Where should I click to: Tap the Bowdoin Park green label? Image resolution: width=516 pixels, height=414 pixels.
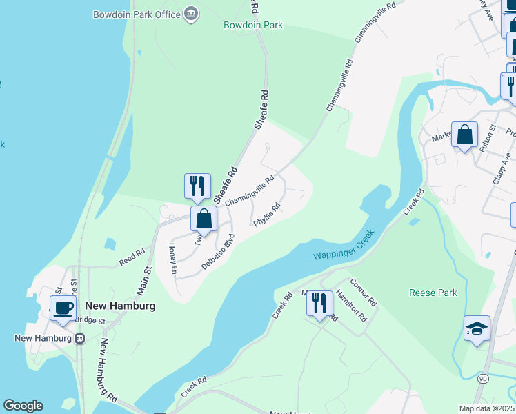(x=253, y=26)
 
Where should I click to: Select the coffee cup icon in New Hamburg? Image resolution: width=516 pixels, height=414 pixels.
(x=63, y=308)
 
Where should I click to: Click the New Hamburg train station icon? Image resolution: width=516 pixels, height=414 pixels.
(x=80, y=338)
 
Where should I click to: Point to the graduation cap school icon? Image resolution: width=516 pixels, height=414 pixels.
(x=477, y=329)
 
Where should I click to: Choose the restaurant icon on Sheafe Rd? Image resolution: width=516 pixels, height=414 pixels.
(x=197, y=186)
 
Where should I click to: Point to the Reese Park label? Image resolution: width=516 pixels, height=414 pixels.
(x=433, y=293)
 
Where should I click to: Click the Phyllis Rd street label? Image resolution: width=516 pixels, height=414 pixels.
(x=267, y=215)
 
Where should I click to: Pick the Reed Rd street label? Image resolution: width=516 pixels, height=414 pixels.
(x=131, y=257)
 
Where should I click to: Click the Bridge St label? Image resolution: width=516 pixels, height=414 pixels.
(x=90, y=321)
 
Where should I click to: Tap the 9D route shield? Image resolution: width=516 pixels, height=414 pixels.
(x=483, y=377)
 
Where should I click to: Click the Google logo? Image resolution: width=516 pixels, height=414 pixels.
(x=23, y=406)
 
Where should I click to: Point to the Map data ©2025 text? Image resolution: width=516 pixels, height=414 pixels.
(x=486, y=408)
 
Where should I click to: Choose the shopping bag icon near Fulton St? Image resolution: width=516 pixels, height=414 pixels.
(x=465, y=135)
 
